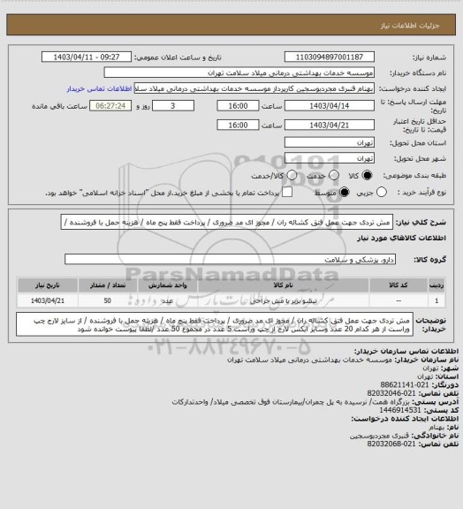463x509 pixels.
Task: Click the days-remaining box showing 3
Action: [x=171, y=105]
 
